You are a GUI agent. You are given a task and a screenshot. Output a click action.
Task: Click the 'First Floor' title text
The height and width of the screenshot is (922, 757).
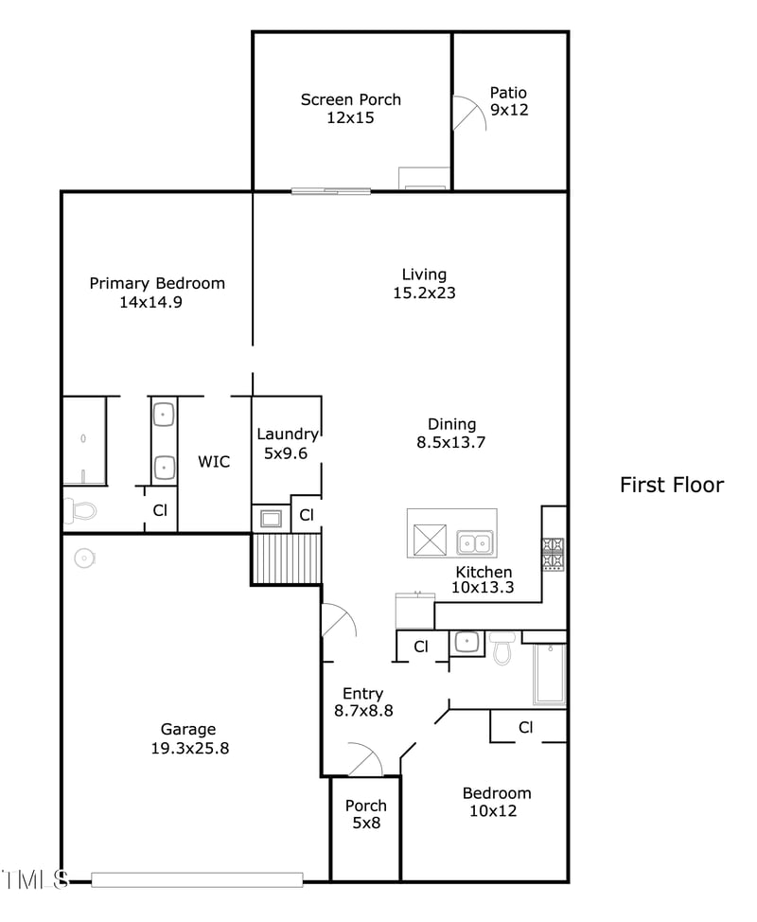[671, 486]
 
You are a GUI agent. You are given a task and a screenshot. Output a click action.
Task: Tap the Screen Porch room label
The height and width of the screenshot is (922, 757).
[350, 99]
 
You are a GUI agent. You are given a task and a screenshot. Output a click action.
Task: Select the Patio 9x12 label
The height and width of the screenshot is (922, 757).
[508, 101]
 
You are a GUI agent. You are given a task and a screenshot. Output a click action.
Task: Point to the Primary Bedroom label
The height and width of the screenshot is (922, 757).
[157, 283]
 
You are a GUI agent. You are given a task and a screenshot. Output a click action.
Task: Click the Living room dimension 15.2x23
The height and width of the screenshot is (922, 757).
[424, 293]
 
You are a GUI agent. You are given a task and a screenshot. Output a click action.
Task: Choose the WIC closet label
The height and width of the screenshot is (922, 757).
[214, 461]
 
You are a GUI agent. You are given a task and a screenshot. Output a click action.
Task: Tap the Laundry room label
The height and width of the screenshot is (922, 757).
[288, 434]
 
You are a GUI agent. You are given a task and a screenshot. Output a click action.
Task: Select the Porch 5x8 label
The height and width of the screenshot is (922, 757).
[365, 814]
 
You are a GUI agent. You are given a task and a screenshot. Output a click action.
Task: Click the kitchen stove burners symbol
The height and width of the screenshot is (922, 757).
[554, 554]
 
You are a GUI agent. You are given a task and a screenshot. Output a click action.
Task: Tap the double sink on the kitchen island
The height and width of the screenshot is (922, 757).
[474, 542]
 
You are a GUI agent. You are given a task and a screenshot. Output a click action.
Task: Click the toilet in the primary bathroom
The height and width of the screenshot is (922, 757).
[80, 511]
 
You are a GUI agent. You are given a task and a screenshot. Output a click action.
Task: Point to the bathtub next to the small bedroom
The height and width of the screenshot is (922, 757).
[550, 674]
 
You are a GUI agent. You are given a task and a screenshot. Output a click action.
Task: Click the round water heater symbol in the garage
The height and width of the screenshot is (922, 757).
[85, 559]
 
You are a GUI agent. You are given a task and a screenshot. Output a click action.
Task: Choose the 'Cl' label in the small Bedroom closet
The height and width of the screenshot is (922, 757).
[525, 727]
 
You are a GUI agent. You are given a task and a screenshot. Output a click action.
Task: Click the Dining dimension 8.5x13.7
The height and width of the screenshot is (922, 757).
[451, 442]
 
